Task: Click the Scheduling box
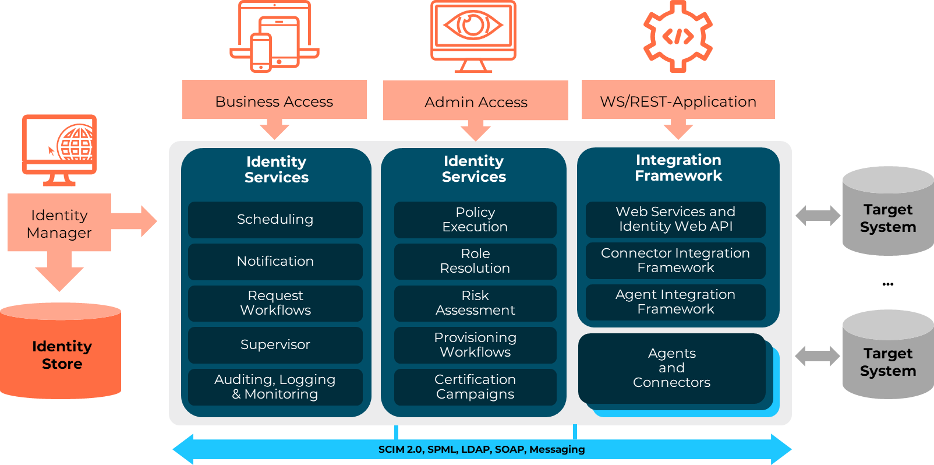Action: [275, 220]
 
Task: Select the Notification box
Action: [275, 262]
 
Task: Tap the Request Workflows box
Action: [275, 303]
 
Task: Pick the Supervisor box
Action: [275, 345]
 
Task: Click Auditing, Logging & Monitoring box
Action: [275, 387]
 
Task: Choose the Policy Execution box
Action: [475, 220]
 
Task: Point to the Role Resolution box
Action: [475, 261]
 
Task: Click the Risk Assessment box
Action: [475, 303]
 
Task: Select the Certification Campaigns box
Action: [475, 387]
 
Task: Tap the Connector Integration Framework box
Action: [675, 260]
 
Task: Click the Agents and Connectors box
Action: [671, 368]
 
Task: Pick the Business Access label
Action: [274, 101]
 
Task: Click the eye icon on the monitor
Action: [473, 26]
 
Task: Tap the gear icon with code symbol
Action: [678, 37]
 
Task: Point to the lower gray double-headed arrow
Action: [818, 355]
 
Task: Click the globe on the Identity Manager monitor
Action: [76, 143]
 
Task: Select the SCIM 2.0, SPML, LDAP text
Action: [481, 449]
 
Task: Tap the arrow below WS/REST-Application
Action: [678, 129]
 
